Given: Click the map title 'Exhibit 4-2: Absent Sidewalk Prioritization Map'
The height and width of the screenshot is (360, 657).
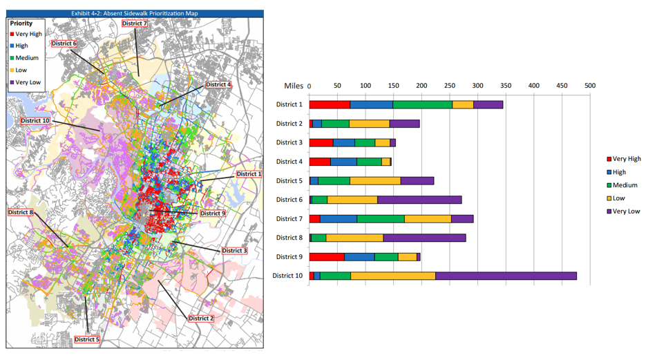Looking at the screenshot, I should click(x=135, y=13).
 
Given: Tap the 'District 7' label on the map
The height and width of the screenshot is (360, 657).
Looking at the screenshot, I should click(x=135, y=23).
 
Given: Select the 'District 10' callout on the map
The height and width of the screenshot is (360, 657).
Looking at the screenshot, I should click(x=35, y=121).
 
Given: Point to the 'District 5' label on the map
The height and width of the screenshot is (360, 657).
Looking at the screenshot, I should click(x=87, y=339).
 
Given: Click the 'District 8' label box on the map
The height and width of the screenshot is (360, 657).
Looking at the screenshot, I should click(x=21, y=212).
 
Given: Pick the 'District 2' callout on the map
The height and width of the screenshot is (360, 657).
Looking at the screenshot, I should click(x=200, y=318).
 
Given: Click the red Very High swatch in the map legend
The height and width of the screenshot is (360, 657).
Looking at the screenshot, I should click(x=12, y=34).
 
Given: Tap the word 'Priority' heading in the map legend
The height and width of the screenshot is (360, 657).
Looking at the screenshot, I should click(x=21, y=23).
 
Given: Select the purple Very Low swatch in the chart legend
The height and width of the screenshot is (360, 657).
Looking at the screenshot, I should click(x=609, y=211).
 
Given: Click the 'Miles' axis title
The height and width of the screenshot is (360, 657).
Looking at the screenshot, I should click(x=294, y=86).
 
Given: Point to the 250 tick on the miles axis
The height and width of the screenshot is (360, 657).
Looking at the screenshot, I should click(x=450, y=86).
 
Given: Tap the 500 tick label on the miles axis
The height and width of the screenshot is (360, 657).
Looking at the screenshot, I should click(x=589, y=86).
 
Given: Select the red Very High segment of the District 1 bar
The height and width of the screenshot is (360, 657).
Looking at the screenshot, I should click(x=330, y=104).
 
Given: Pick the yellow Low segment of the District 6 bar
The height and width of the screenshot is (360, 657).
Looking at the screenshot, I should click(x=352, y=200).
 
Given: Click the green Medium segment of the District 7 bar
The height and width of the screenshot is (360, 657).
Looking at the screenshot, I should click(x=381, y=218).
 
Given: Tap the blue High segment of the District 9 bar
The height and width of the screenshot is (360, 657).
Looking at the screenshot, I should click(x=359, y=256).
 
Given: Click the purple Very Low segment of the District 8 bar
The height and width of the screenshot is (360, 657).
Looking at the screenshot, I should click(x=424, y=238).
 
